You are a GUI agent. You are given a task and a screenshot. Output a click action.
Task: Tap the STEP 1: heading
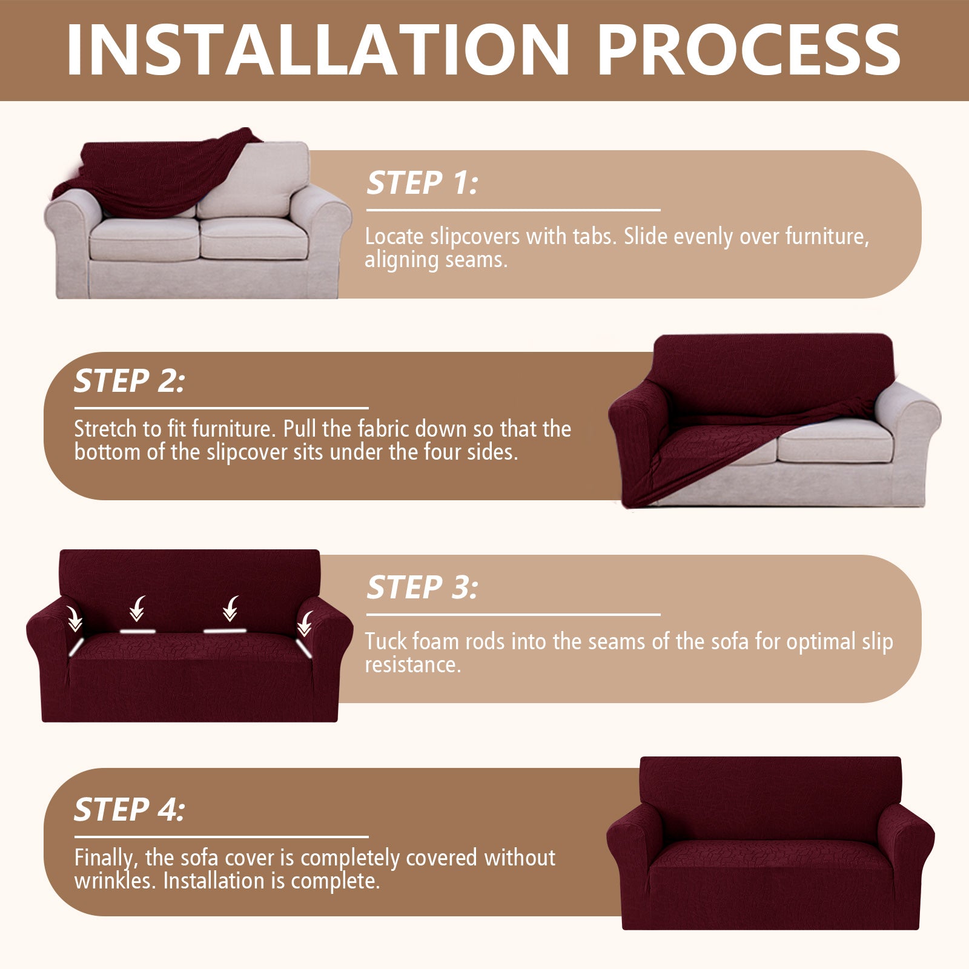tap(422, 183)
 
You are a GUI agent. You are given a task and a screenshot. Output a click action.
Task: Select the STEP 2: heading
tap(129, 381)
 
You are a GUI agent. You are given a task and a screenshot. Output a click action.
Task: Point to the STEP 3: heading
tap(422, 587)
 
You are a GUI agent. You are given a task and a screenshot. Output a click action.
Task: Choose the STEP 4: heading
tap(129, 810)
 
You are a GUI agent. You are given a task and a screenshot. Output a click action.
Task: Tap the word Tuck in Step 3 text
tap(386, 641)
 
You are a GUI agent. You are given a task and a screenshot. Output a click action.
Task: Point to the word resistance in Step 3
tap(412, 665)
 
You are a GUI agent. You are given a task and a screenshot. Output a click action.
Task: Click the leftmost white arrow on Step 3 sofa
tap(74, 618)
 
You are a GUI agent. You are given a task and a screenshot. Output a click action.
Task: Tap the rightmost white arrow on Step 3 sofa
tap(305, 623)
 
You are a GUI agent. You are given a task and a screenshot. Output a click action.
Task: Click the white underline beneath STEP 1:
tap(513, 210)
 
